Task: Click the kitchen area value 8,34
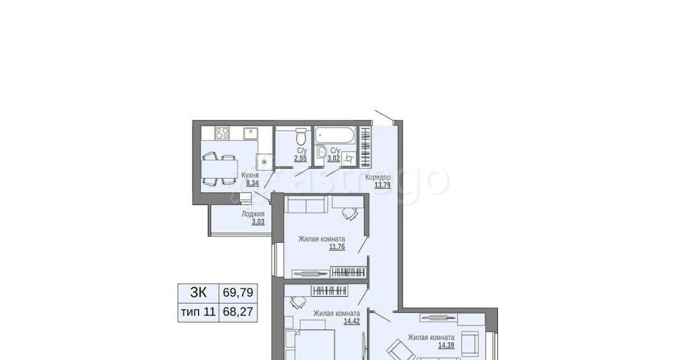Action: [x=252, y=182]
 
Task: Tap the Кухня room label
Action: [x=250, y=175]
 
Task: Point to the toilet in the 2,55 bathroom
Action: [x=301, y=134]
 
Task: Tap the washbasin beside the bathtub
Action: [x=322, y=151]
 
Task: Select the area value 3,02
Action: [x=334, y=159]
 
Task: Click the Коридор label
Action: [x=378, y=177]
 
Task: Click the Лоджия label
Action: [x=253, y=213]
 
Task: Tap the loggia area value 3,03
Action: [x=258, y=221]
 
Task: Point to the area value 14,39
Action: [x=446, y=345]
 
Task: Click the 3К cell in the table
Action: [x=198, y=293]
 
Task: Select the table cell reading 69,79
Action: [x=238, y=293]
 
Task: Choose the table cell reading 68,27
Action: [x=238, y=312]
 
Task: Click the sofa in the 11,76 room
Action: [x=309, y=205]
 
